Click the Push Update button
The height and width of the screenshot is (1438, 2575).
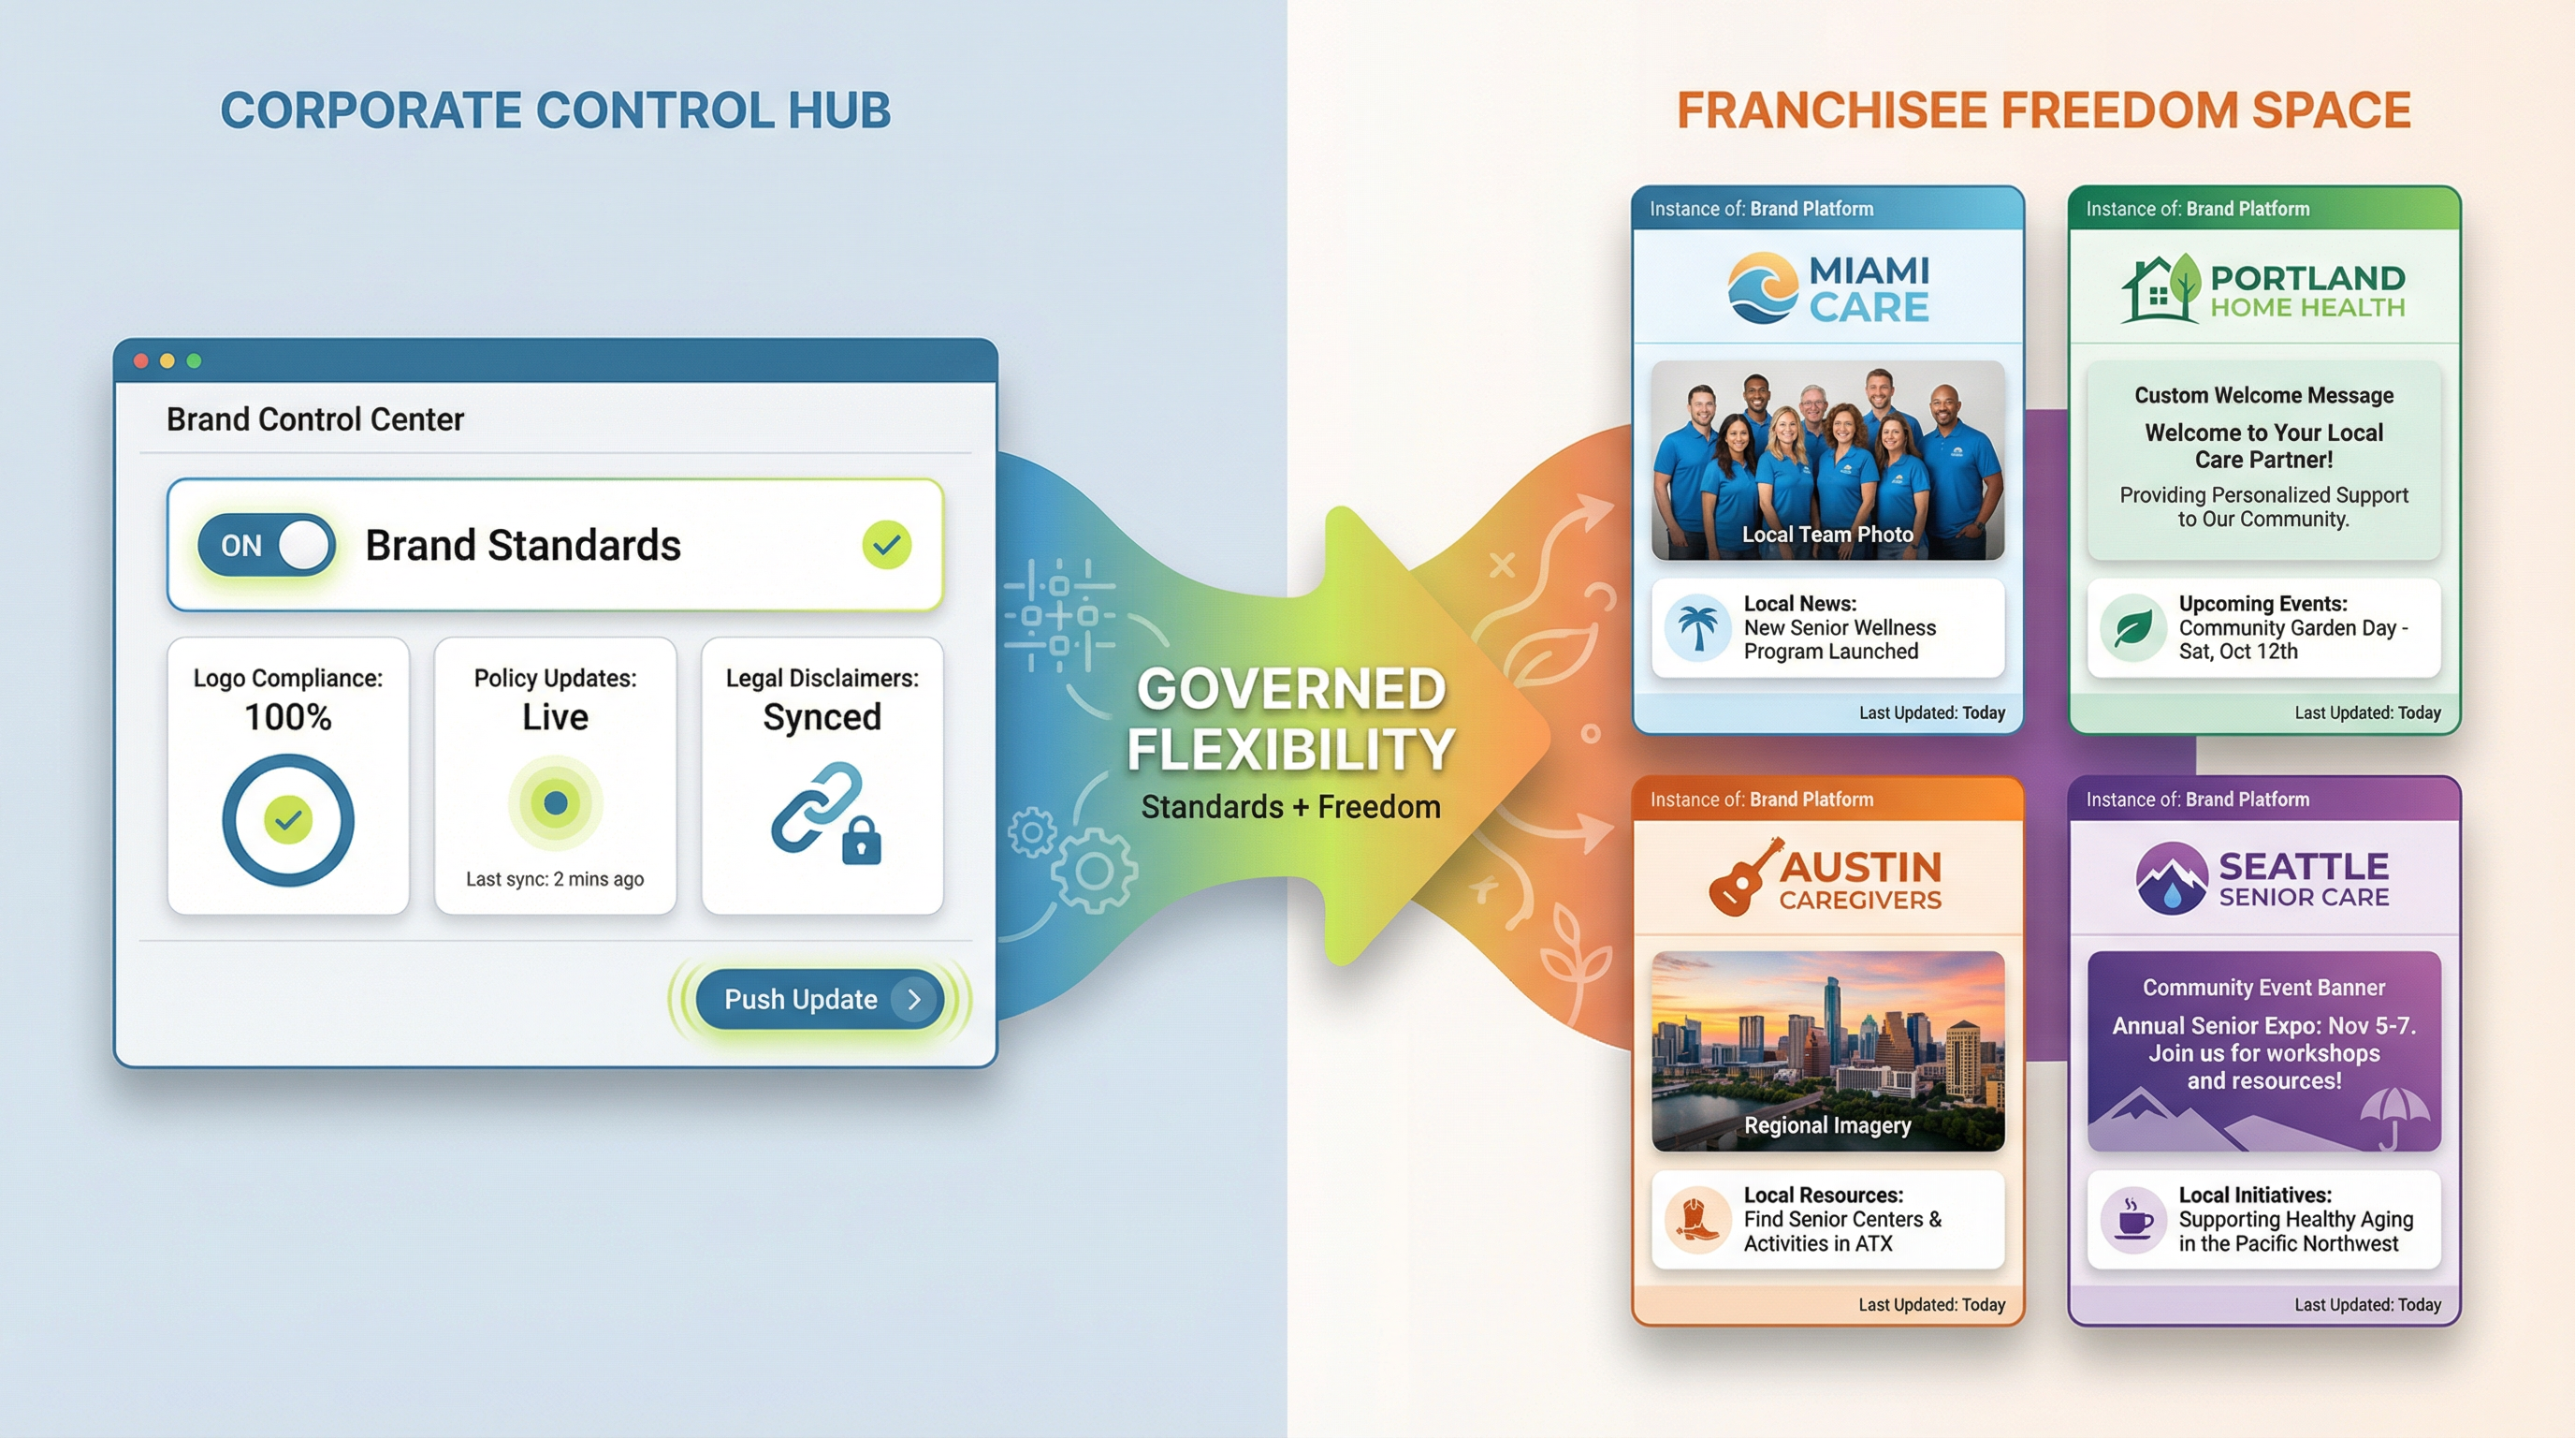(x=819, y=999)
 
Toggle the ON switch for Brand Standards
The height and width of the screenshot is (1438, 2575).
(x=266, y=545)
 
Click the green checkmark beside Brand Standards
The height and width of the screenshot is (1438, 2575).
(x=886, y=545)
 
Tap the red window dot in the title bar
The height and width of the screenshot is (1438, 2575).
(x=141, y=361)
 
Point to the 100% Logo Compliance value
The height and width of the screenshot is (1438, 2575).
(x=288, y=717)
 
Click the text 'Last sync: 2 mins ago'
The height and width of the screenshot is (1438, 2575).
(x=555, y=879)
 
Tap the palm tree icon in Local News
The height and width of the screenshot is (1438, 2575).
(x=1697, y=627)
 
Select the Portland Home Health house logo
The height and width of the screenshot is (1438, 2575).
(x=2160, y=289)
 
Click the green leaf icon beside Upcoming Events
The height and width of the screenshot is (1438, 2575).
(x=2132, y=627)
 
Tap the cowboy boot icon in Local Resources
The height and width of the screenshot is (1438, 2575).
(x=1697, y=1219)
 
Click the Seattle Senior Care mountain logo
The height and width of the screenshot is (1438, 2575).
(x=2171, y=878)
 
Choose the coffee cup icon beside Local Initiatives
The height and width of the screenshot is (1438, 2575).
(x=2133, y=1219)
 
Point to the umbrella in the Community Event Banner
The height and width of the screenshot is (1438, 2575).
(x=2393, y=1115)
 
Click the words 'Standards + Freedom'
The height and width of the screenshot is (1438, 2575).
(x=1290, y=807)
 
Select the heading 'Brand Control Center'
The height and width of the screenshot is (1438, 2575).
(x=315, y=419)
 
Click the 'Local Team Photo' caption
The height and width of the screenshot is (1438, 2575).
(x=1827, y=534)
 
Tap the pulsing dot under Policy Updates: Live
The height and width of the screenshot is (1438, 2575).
(x=555, y=802)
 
